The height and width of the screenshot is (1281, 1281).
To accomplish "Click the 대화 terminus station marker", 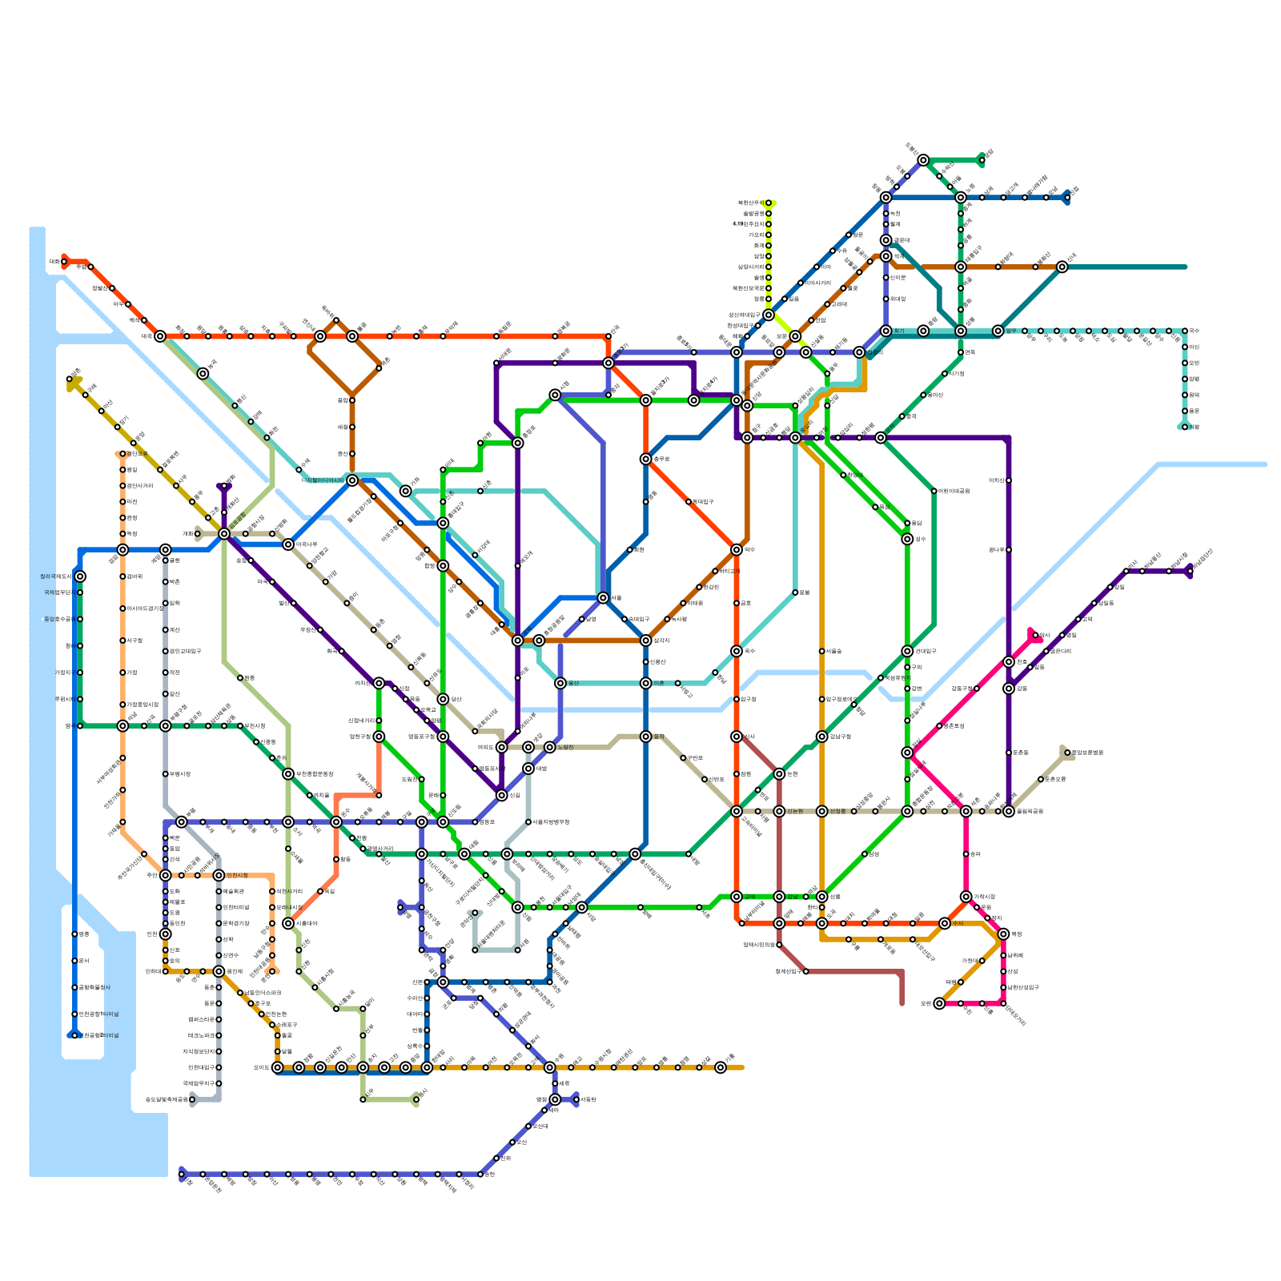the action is pyautogui.click(x=64, y=261).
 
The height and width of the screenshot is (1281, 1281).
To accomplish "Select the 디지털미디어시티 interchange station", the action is pyautogui.click(x=352, y=480).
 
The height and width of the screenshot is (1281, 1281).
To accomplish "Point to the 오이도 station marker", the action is pyautogui.click(x=278, y=1067).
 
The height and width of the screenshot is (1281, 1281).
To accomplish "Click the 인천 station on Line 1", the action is pyautogui.click(x=166, y=934).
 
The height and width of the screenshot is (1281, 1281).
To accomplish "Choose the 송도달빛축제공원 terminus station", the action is pyautogui.click(x=192, y=1099).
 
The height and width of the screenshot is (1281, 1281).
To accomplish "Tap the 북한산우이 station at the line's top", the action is pyautogui.click(x=769, y=203).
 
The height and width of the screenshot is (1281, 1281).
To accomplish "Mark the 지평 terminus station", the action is pyautogui.click(x=1185, y=427).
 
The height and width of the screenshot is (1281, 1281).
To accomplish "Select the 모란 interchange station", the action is pyautogui.click(x=939, y=1003).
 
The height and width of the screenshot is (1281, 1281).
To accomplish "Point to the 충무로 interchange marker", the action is pyautogui.click(x=646, y=459).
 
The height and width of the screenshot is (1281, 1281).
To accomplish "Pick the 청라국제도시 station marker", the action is pyautogui.click(x=80, y=576).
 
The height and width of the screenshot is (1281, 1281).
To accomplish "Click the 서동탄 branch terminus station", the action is pyautogui.click(x=576, y=1099).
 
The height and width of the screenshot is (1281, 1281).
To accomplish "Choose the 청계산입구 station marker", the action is pyautogui.click(x=806, y=971).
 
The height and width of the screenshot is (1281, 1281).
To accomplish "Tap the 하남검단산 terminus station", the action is pyautogui.click(x=1190, y=571).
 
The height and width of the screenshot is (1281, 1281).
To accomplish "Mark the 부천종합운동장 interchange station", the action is pyautogui.click(x=288, y=774).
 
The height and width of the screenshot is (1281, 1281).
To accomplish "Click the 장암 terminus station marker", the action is pyautogui.click(x=982, y=160).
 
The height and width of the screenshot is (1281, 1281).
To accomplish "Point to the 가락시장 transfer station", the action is pyautogui.click(x=966, y=897).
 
